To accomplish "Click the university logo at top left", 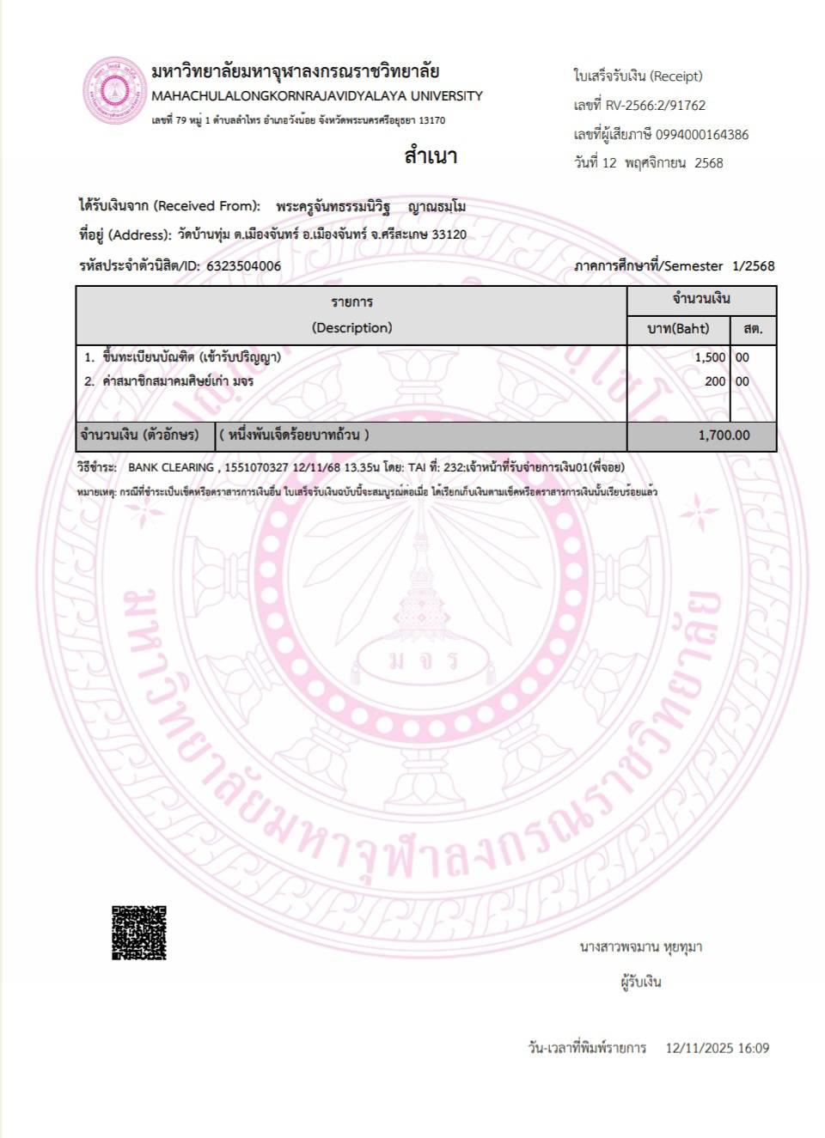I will pyautogui.click(x=113, y=91).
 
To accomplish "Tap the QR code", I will pyautogui.click(x=138, y=933).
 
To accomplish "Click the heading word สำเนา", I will pyautogui.click(x=431, y=156).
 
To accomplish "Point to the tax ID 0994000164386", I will pyautogui.click(x=702, y=135).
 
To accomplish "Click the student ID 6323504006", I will pyautogui.click(x=243, y=266).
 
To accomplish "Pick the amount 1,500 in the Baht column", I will pyautogui.click(x=710, y=357).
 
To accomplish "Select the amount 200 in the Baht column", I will pyautogui.click(x=715, y=381).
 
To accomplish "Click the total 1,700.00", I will pyautogui.click(x=724, y=435).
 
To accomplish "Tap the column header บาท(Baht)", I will pyautogui.click(x=678, y=329).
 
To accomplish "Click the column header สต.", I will pyautogui.click(x=753, y=329).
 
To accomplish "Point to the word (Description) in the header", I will pyautogui.click(x=351, y=328).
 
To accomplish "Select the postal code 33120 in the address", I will pyautogui.click(x=449, y=234).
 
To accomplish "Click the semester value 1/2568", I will pyautogui.click(x=753, y=266).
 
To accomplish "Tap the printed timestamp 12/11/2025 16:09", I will pyautogui.click(x=717, y=1048).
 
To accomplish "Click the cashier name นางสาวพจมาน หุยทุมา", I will pyautogui.click(x=640, y=947).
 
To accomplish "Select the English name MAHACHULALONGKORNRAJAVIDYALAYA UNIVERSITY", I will pyautogui.click(x=317, y=96).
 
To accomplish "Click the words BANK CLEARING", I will pyautogui.click(x=171, y=467).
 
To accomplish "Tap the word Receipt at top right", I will pyautogui.click(x=676, y=76).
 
